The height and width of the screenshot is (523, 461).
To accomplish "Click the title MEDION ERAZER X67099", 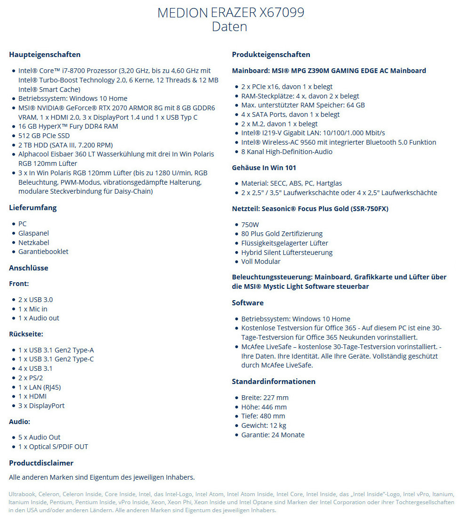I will [230, 13].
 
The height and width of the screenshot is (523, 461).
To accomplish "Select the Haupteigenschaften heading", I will [45, 55].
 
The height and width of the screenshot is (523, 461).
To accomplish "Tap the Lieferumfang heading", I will [32, 208].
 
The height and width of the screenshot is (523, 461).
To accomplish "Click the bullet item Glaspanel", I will [33, 233].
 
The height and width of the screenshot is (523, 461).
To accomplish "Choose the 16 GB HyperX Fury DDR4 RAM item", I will [68, 126].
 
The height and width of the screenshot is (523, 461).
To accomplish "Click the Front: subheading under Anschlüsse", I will [19, 284].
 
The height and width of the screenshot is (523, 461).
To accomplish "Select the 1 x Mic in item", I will [33, 309].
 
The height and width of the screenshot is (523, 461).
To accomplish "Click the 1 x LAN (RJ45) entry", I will [40, 387].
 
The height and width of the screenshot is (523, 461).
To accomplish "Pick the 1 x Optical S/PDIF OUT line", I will [53, 447].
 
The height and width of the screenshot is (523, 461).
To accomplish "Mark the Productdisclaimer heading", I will [41, 463].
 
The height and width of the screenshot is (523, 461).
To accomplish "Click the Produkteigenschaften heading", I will [271, 55].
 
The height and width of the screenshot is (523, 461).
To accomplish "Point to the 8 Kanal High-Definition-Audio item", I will [287, 152].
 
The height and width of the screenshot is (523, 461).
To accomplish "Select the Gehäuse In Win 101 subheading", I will [264, 168].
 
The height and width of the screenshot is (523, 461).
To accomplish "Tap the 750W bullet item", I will [250, 225].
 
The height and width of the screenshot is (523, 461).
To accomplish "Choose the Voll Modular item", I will [261, 261].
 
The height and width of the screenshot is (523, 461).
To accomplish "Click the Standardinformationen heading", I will [274, 382].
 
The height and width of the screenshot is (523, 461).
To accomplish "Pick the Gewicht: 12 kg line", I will [264, 425].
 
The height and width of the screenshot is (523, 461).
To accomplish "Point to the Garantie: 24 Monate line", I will [273, 435].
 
